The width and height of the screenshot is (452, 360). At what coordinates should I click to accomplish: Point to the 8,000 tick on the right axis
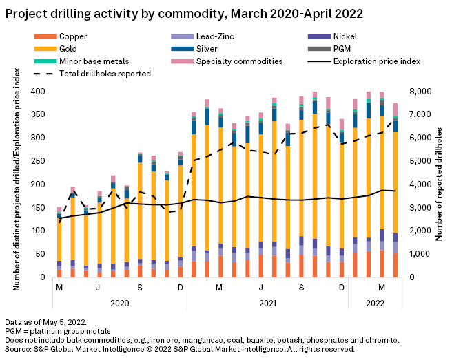click(419, 92)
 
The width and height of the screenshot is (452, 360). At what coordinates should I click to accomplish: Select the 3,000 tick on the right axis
click(419, 207)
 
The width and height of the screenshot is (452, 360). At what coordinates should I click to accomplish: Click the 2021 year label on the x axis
click(268, 302)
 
